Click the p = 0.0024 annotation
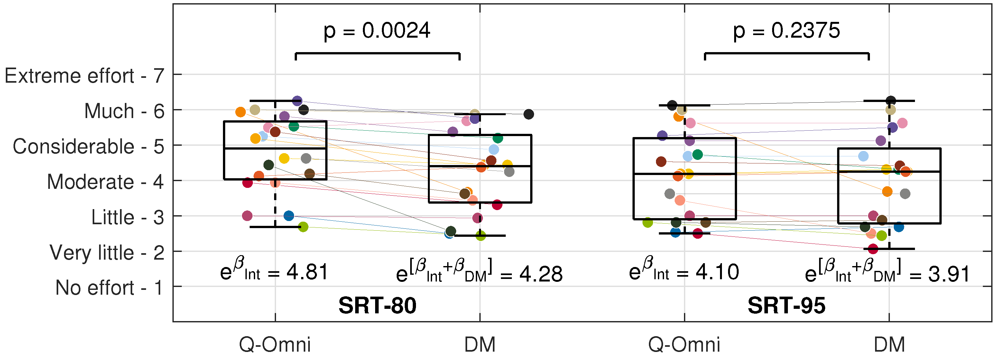click(x=377, y=31)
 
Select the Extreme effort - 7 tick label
click(x=84, y=76)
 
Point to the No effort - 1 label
click(x=109, y=288)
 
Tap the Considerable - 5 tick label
click(x=88, y=146)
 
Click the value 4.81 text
click(x=307, y=272)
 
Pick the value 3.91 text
click(x=949, y=274)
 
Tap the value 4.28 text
click(x=541, y=274)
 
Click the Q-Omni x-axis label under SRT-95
click(x=684, y=344)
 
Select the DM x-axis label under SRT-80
click(x=480, y=344)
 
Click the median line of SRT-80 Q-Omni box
click(x=275, y=148)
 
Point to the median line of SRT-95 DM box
click(x=889, y=171)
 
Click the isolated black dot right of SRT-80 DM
click(x=529, y=114)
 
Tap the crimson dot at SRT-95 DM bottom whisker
click(x=873, y=249)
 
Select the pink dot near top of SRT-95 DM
click(x=902, y=123)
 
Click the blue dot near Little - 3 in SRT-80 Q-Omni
click(x=289, y=216)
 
